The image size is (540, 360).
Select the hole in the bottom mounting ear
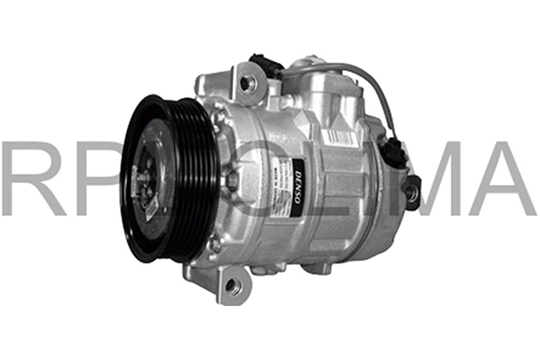pyautogui.click(x=233, y=285)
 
